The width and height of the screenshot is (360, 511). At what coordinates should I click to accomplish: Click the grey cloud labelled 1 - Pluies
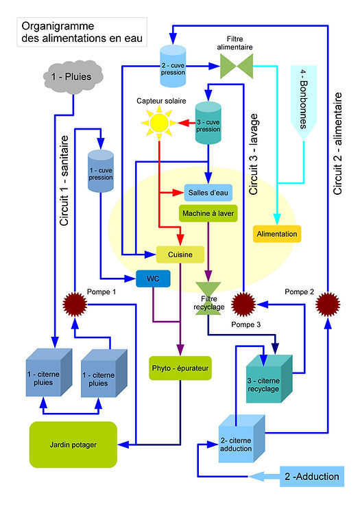[x=73, y=77]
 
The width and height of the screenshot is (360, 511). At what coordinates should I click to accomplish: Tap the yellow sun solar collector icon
[x=159, y=123]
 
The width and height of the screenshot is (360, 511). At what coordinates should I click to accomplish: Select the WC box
[x=153, y=278]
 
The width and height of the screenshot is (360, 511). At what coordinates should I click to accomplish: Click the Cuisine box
[x=180, y=254]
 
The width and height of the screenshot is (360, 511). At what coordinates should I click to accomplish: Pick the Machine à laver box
[x=208, y=213]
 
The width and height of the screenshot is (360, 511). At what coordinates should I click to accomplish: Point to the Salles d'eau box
[x=208, y=193]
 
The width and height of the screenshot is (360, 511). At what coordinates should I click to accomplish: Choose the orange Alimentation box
[x=277, y=234]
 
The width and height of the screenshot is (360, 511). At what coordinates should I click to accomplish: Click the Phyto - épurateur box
[x=180, y=368]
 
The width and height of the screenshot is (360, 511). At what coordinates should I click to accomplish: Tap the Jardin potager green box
[x=73, y=445]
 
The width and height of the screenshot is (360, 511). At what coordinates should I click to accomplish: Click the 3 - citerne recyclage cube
[x=269, y=379]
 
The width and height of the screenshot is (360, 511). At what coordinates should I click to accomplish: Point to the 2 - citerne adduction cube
[x=241, y=439]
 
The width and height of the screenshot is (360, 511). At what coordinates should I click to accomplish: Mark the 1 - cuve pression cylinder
[x=101, y=171]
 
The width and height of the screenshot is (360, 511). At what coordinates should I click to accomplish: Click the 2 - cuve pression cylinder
[x=173, y=66]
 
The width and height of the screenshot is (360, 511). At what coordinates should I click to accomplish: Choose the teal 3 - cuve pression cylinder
[x=208, y=123]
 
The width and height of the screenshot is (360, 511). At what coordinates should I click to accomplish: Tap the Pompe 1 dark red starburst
[x=75, y=305]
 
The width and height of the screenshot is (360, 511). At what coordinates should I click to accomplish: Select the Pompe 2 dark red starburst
[x=328, y=305]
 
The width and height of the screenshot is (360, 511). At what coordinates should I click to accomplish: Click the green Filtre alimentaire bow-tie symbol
[x=237, y=66]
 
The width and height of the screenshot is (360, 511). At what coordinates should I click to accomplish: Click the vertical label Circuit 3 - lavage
[x=254, y=154]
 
